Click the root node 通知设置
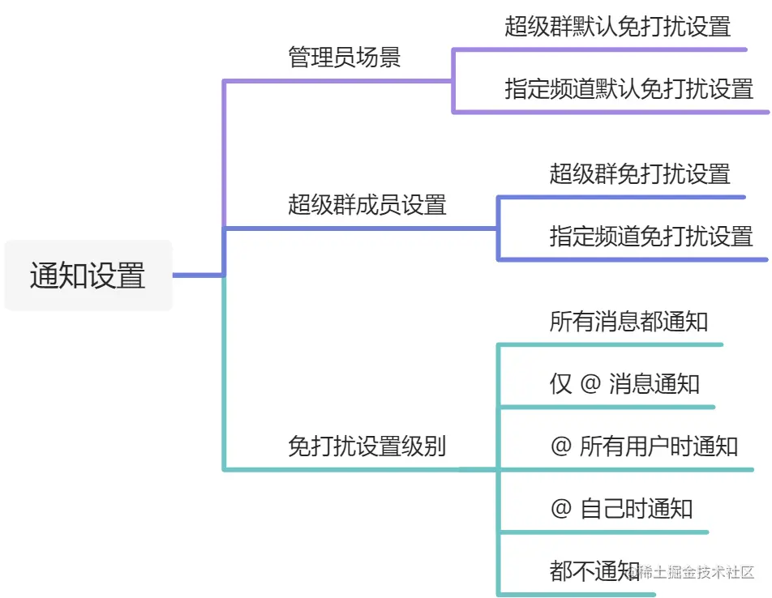pos(88,276)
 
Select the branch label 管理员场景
pos(345,58)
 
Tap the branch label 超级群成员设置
pos(367,205)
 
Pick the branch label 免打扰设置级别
pos(367,446)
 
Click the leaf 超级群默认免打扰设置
pos(618,26)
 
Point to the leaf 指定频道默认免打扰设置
pos(629,88)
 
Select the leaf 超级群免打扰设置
pos(640,173)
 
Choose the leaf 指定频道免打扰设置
pos(651,236)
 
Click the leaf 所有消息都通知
pos(628,322)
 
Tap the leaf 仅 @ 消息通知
pos(624,383)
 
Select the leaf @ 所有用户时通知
pos(644,446)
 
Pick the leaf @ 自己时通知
pos(621,508)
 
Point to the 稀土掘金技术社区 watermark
pos(695,572)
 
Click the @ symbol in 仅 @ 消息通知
pos(590,383)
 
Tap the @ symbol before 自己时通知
pos(561,508)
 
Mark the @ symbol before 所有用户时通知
pos(561,446)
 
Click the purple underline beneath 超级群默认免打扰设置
pos(600,49)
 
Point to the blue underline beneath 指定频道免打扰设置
pos(633,259)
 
